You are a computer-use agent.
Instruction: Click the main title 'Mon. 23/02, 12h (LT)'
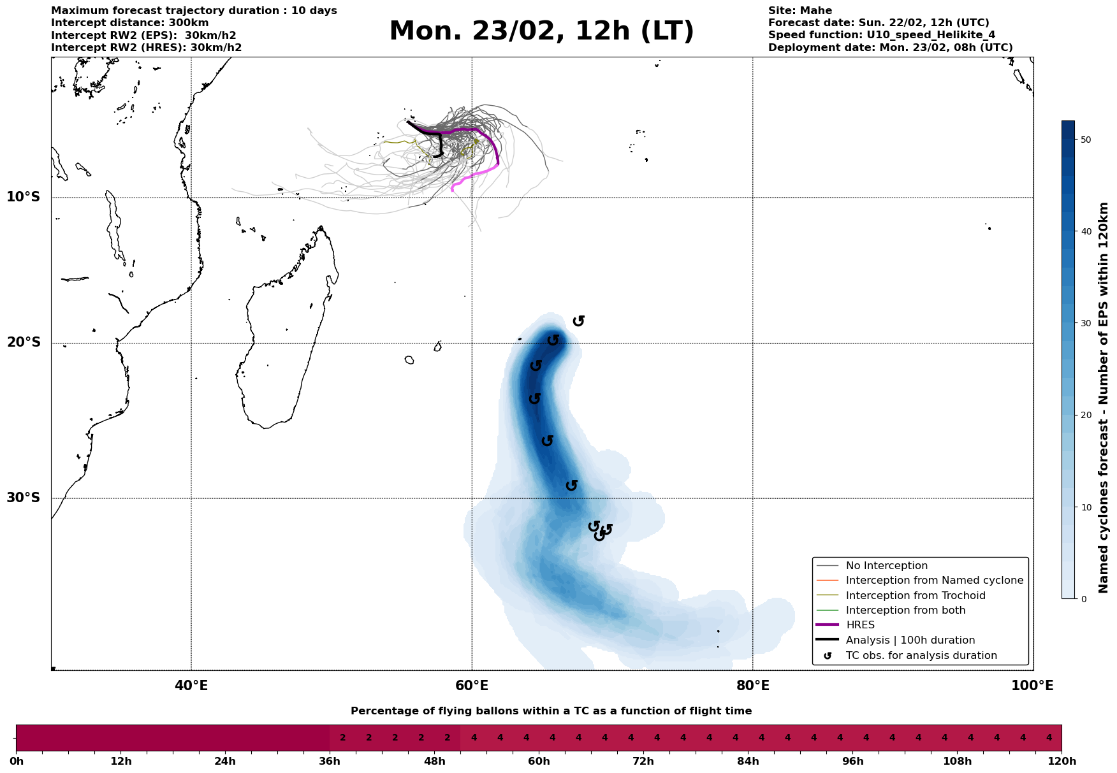[541, 32]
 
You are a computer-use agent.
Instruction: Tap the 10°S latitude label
[24, 197]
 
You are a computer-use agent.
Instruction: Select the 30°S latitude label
[24, 498]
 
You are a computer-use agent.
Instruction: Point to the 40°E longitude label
[191, 686]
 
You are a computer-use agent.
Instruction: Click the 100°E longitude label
[1033, 686]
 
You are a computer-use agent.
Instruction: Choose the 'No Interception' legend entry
[886, 566]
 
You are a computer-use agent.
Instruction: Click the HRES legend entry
[860, 625]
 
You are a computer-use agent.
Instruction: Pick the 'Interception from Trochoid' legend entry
[916, 596]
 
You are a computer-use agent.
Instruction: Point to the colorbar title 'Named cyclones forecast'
[1104, 398]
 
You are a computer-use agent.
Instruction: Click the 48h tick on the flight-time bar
[435, 762]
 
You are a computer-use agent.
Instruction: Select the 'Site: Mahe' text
[799, 11]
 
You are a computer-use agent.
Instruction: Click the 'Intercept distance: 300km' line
[130, 23]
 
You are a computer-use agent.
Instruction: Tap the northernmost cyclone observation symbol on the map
[578, 321]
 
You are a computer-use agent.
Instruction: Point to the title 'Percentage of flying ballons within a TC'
[551, 711]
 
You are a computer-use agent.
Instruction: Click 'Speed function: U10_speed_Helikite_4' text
[881, 35]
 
